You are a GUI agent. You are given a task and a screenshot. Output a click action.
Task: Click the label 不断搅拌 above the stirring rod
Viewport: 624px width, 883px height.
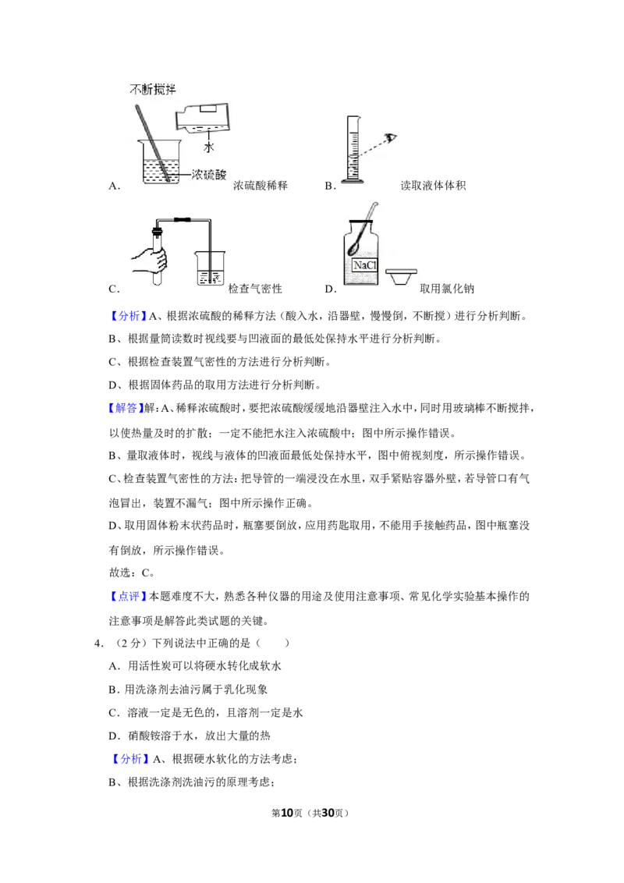point(153,89)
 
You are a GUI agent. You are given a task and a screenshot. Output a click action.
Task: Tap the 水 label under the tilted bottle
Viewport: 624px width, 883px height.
point(209,147)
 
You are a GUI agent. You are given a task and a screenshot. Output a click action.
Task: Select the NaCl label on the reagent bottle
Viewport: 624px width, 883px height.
point(364,264)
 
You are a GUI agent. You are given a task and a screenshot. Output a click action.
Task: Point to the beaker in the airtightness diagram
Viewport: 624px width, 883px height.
point(210,268)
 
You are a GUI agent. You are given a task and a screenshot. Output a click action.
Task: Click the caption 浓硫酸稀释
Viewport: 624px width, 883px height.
point(261,186)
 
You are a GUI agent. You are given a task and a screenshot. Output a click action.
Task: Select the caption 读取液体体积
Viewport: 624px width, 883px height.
point(433,186)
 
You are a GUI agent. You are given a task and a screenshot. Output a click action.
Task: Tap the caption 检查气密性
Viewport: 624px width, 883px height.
point(255,289)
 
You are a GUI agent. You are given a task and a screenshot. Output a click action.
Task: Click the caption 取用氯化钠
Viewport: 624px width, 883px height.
point(447,289)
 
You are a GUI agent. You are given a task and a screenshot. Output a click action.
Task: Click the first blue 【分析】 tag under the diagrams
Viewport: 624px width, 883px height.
point(127,316)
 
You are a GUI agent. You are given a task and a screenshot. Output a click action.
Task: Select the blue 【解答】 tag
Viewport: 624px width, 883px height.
point(126,408)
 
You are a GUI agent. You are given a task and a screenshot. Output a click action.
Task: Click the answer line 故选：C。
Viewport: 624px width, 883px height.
point(132,573)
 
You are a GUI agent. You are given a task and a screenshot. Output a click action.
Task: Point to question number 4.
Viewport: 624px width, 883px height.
point(98,643)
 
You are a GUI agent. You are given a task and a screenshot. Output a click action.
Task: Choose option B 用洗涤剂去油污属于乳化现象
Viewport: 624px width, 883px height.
point(188,690)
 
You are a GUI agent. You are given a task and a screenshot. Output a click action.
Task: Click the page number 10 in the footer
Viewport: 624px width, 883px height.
point(287,813)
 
